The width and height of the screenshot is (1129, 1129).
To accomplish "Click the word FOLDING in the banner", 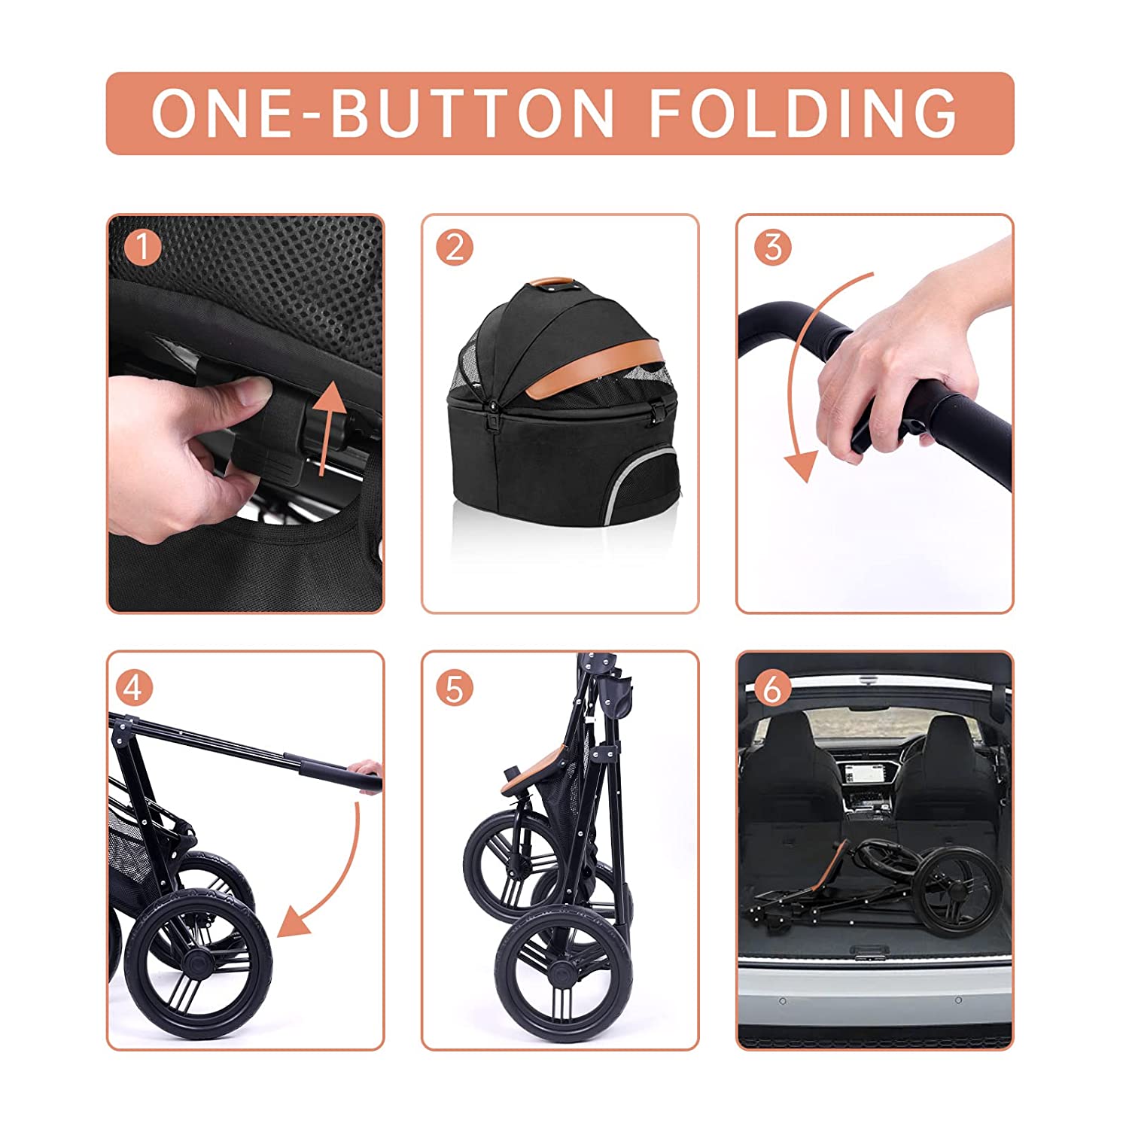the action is click(x=802, y=113).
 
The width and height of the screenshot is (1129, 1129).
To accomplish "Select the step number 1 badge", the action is click(x=142, y=248).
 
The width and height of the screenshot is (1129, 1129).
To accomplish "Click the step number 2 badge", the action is click(x=455, y=248).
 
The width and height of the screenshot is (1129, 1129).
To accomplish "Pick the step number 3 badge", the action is click(x=772, y=248).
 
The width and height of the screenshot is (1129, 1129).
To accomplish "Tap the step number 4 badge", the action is click(x=134, y=688).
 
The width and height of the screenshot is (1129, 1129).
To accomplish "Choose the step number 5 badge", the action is click(x=455, y=688).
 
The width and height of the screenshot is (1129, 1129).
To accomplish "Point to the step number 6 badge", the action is click(x=772, y=688).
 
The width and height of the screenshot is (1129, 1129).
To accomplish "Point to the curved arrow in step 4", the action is click(x=342, y=881).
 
